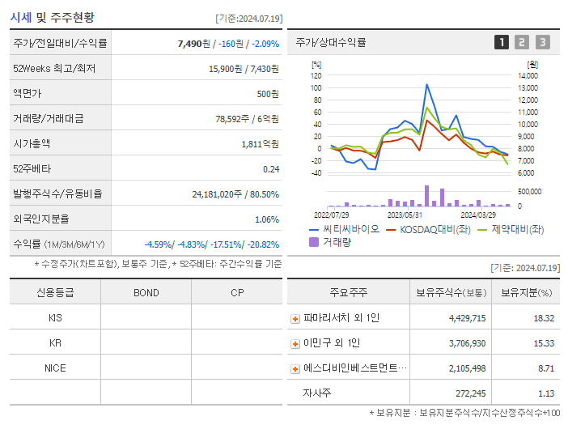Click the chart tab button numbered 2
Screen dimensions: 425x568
(522, 42)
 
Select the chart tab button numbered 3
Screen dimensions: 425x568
(542, 42)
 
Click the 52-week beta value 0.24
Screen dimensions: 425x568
(270, 169)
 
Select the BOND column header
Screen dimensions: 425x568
(146, 292)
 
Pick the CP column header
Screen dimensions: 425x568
(236, 292)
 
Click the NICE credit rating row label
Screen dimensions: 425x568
(55, 368)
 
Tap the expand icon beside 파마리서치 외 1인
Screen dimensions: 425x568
(295, 318)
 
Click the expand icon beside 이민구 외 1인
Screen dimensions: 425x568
(295, 343)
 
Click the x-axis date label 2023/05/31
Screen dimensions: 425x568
(405, 215)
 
